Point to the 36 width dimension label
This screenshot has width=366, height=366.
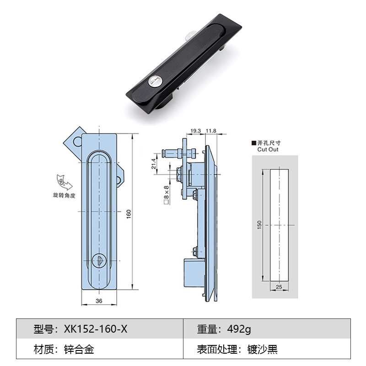pyautogui.click(x=99, y=301)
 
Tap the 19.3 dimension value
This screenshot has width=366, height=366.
pyautogui.click(x=195, y=131)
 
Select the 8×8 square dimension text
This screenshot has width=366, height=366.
pyautogui.click(x=167, y=194)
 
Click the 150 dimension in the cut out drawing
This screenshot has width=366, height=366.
pyautogui.click(x=259, y=225)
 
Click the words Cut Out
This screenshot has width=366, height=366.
pyautogui.click(x=268, y=150)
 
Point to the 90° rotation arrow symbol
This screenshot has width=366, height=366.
pyautogui.click(x=65, y=182)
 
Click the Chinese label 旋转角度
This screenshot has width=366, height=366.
pyautogui.click(x=64, y=195)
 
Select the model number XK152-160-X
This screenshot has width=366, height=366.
pyautogui.click(x=96, y=328)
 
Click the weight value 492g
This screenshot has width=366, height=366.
pyautogui.click(x=236, y=328)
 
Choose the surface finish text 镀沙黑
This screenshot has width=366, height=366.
pyautogui.click(x=263, y=350)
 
